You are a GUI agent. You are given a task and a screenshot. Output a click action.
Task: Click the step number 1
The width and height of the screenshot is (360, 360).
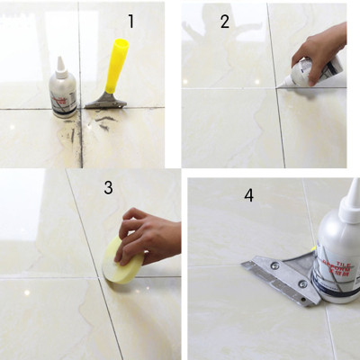pos(131,21)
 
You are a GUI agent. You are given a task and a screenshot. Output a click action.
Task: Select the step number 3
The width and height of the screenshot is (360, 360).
pos(108,187)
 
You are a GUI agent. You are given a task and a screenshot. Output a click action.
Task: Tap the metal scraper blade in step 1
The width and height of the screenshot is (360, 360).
pos(105,101)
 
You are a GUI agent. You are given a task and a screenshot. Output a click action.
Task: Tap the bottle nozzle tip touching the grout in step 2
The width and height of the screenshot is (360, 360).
pos(281,85)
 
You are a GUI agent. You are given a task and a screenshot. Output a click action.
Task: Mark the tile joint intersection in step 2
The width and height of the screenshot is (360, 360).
pos(275,87)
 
